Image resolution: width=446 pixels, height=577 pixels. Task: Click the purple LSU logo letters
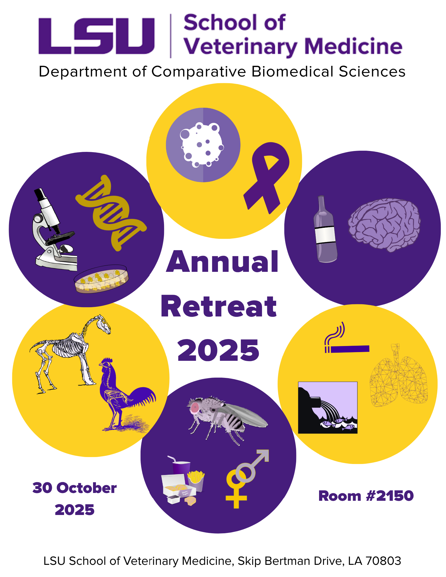coord(97,36)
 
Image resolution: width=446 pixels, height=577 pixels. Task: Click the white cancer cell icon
coord(202,145)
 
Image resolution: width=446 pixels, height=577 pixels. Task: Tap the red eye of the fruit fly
coord(195,407)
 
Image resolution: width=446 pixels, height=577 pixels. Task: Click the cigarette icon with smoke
coord(346,343)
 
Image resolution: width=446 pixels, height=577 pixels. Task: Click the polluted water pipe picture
coord(327,407)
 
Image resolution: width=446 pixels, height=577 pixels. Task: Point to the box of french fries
coord(196,481)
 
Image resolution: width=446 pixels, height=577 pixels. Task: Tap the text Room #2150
coord(366,496)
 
